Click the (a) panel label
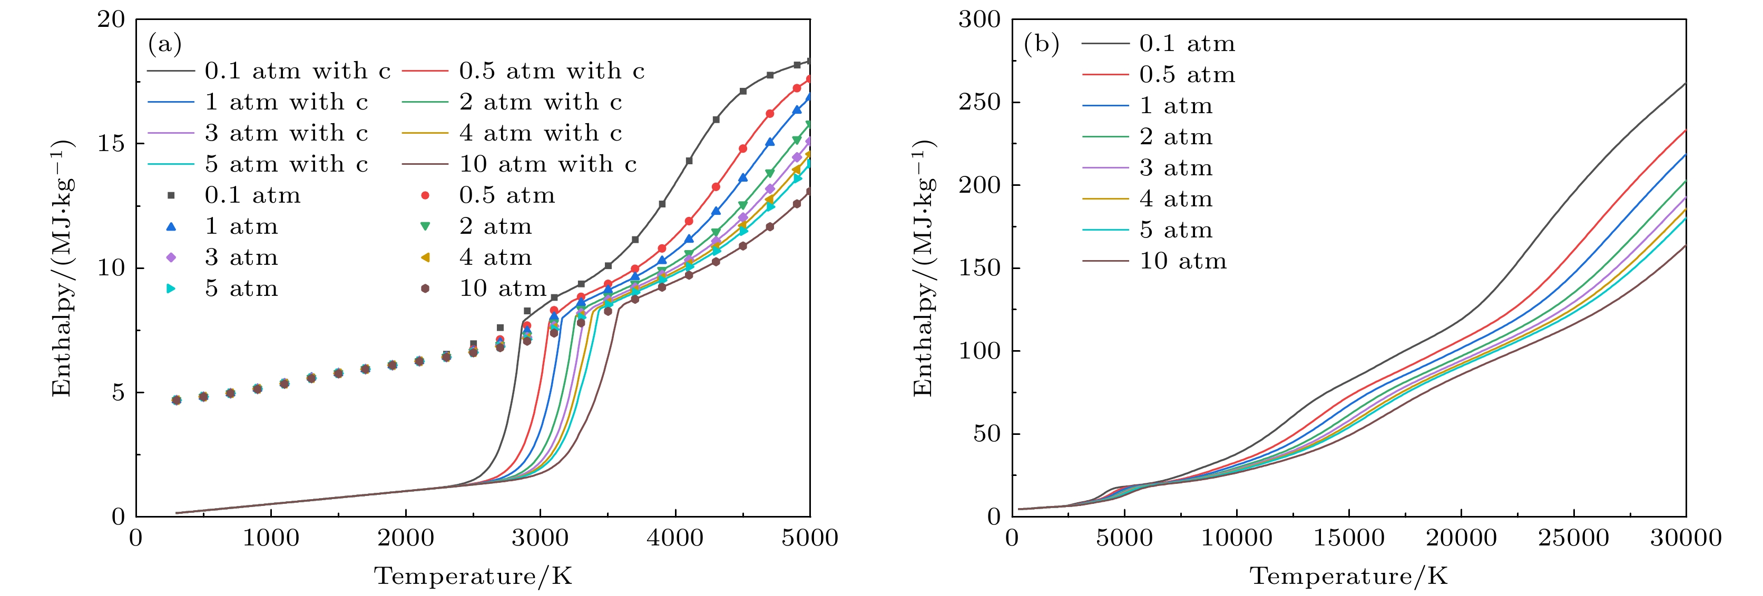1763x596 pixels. [x=165, y=44]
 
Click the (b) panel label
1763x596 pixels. [x=1041, y=44]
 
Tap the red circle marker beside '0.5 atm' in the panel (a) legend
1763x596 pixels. [x=425, y=196]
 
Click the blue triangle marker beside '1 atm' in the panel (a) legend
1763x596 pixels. [x=171, y=226]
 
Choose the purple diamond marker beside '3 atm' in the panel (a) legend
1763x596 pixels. [x=171, y=257]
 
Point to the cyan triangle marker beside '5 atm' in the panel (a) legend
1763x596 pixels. [x=171, y=289]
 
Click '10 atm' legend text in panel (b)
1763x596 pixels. [x=1183, y=261]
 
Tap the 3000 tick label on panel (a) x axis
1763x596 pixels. [x=541, y=538]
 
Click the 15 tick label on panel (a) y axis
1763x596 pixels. [x=111, y=144]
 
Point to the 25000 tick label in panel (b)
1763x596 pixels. [x=1573, y=538]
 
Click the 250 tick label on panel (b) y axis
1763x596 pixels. [x=978, y=103]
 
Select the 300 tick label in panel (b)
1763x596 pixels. [x=978, y=19]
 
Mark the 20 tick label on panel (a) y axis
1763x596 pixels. [x=111, y=19]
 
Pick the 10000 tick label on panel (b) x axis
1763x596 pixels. [x=1237, y=538]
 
